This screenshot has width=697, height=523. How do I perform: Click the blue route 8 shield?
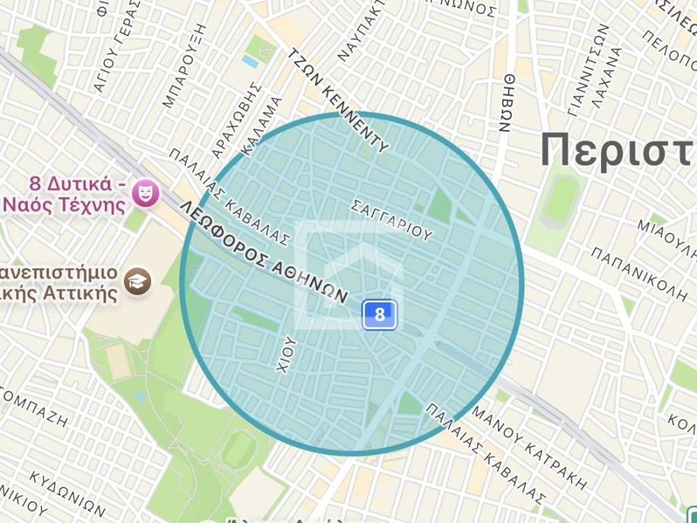click(379, 315)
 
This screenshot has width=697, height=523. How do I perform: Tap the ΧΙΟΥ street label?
click(287, 354)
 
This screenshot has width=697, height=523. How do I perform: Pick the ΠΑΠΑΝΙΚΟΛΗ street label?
click(638, 274)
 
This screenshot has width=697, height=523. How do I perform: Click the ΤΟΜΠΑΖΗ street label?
click(34, 408)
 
